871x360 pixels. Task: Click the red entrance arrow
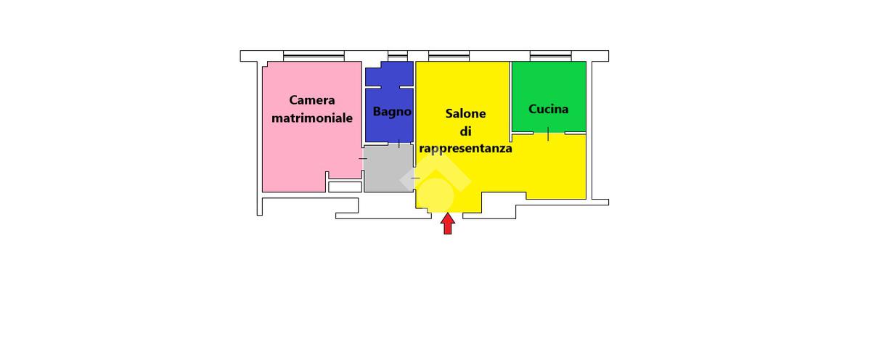[x=448, y=224]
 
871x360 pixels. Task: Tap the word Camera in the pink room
[x=312, y=100]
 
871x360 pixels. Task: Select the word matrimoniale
[x=312, y=118]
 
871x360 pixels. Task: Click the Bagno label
[x=392, y=112]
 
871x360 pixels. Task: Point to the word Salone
[x=465, y=113]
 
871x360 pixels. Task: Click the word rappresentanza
[x=465, y=149]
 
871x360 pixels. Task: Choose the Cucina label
[x=548, y=110]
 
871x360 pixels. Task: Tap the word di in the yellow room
[x=465, y=131]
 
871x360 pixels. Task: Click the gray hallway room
[x=388, y=168]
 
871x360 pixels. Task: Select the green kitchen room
[x=549, y=97]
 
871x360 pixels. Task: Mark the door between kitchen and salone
[x=548, y=134]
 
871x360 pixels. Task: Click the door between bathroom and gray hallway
[x=399, y=144]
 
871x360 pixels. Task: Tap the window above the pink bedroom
[x=314, y=56]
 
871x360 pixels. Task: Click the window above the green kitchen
[x=551, y=56]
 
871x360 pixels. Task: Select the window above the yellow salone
[x=449, y=56]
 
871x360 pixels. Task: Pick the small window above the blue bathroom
[x=398, y=56]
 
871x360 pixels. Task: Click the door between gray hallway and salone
[x=415, y=178]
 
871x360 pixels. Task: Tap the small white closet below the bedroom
[x=345, y=187]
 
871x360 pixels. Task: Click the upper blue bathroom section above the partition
[x=389, y=74]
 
